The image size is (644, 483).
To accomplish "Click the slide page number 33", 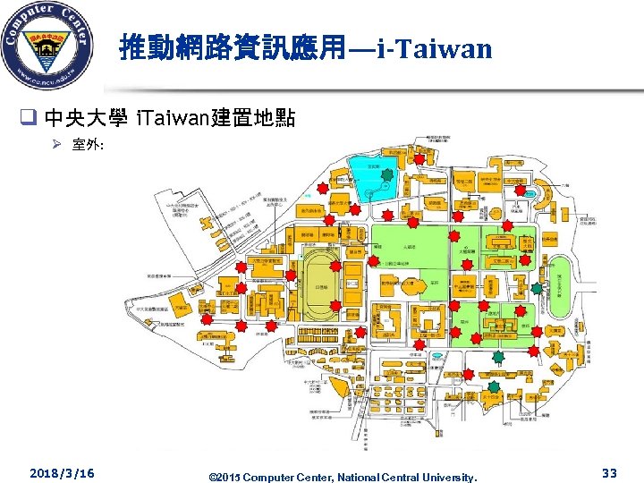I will (x=610, y=471).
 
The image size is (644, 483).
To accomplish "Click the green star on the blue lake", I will (x=386, y=175).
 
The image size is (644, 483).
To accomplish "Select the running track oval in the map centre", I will (x=318, y=280).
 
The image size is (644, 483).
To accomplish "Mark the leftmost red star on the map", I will (x=205, y=318).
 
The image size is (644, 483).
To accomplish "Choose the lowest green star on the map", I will (x=493, y=385).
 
